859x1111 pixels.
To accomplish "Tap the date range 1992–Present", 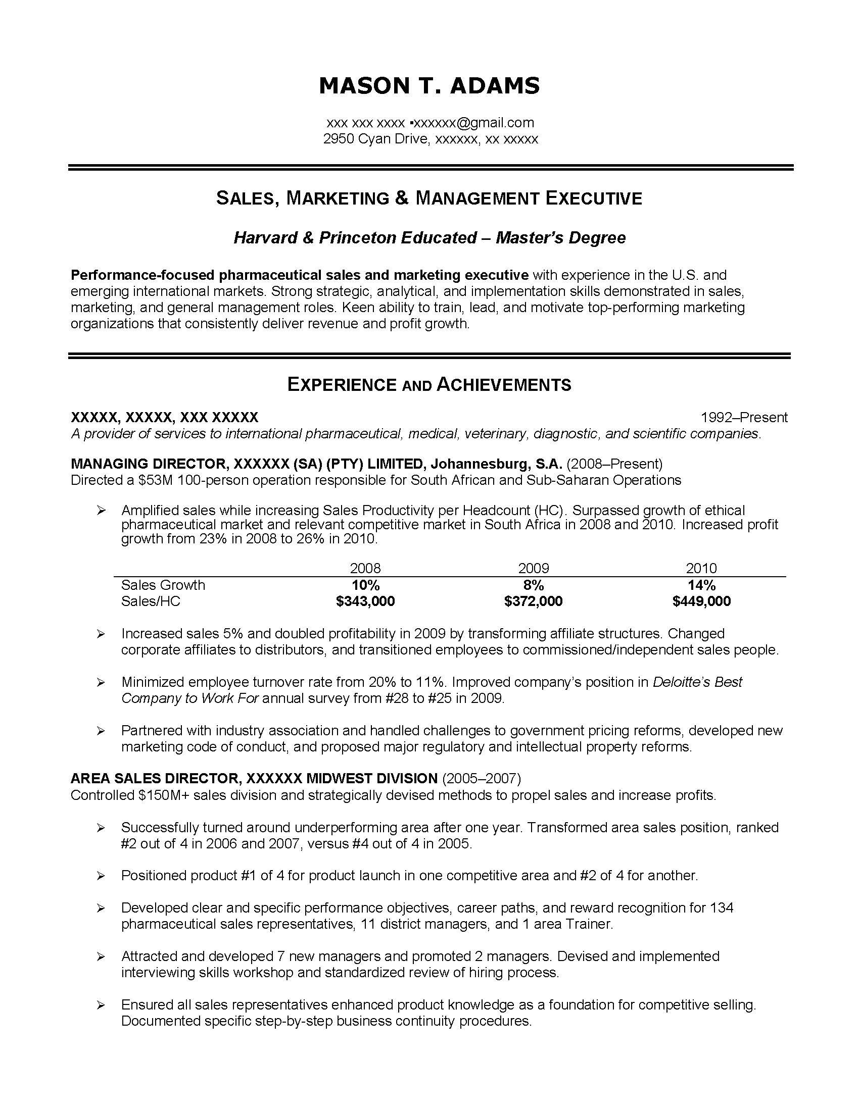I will coord(744,418).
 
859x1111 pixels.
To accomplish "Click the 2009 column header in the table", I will coord(533,568).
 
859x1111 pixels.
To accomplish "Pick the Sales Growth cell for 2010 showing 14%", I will coord(701,585).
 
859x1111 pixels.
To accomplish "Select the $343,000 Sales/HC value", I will coord(365,601).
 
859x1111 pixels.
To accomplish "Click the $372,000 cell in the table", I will coord(533,601).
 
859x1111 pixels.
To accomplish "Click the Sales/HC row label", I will coord(151,601).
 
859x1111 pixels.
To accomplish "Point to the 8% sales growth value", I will coord(533,585).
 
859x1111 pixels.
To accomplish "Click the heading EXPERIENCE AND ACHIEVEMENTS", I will coord(429,385).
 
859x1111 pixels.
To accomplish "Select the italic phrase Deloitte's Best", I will coord(698,682).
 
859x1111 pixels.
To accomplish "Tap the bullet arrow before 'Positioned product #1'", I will coord(101,876).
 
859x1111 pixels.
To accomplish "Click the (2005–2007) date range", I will coord(482,778).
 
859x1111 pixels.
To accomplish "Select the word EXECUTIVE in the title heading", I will coord(593,198).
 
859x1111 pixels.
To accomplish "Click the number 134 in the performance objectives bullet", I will coord(722,908).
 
